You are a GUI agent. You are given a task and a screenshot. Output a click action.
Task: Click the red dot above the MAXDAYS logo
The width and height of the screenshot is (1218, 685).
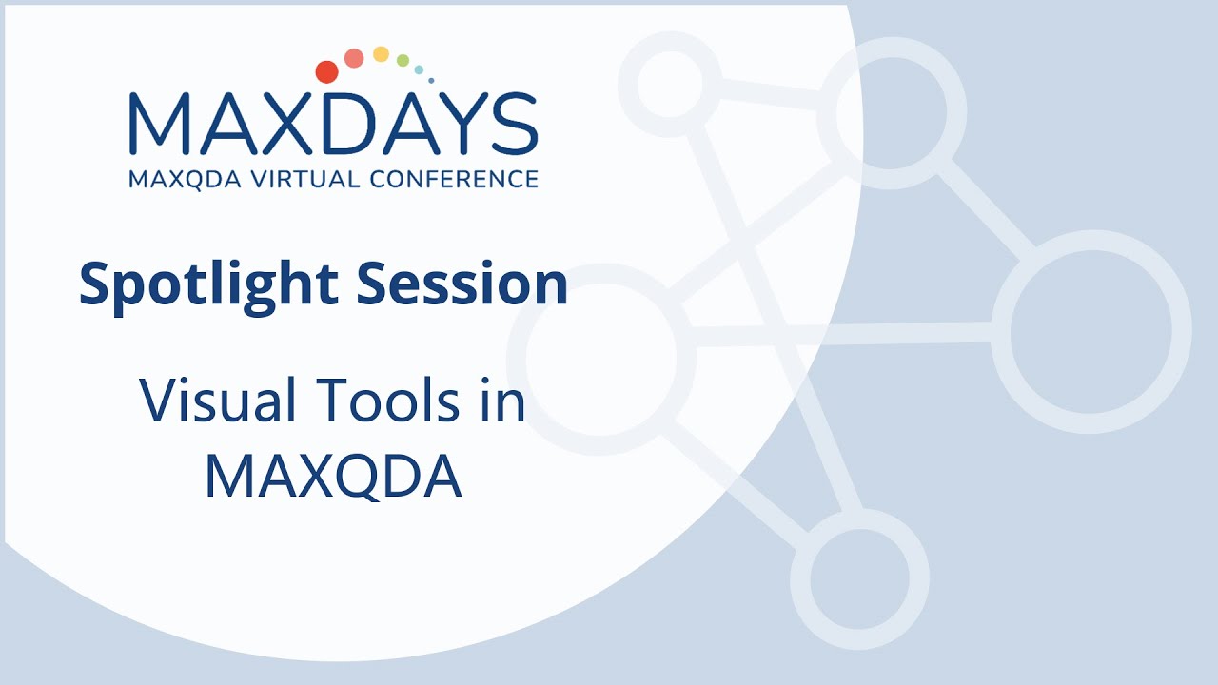pos(326,71)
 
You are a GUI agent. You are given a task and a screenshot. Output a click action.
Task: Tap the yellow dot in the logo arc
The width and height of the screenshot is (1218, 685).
pos(381,54)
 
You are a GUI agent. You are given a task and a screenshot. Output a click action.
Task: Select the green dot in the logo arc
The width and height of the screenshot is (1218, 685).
pos(403,61)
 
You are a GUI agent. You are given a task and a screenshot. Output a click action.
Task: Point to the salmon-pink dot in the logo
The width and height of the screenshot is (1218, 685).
pos(354,58)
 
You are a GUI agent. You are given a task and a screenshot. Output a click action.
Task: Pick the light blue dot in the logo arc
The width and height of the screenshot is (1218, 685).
pos(419,69)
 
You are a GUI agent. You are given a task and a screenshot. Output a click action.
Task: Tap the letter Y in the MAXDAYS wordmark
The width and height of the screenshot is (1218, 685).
pos(444,124)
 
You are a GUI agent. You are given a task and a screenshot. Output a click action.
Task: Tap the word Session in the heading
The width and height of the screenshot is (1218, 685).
pos(462,283)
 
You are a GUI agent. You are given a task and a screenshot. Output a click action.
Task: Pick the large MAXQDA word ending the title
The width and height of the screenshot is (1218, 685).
pos(333,477)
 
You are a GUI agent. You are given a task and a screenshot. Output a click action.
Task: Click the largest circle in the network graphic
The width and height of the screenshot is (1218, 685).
pos(1091,331)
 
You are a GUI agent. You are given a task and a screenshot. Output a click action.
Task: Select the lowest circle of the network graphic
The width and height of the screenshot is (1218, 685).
pos(859,579)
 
